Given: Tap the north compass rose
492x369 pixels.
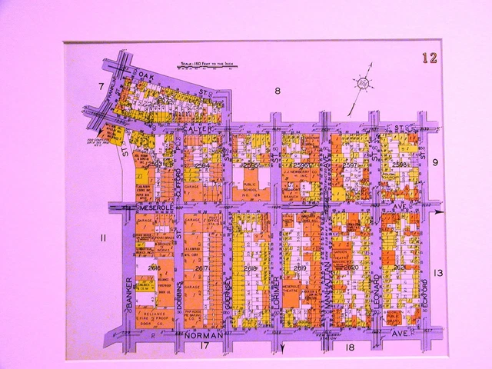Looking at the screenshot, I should [x=363, y=84].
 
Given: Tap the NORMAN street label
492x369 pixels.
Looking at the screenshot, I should [x=202, y=335].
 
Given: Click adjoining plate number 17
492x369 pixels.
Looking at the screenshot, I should [x=204, y=347].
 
